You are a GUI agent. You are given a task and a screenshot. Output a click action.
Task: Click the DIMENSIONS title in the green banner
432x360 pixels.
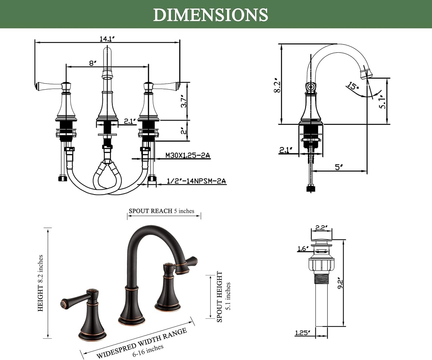(211, 15)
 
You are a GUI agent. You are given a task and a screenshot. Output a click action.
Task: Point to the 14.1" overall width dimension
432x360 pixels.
(107, 39)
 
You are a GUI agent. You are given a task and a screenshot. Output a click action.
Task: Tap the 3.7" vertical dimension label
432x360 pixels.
(184, 101)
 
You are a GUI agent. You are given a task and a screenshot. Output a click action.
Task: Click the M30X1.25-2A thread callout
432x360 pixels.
(188, 155)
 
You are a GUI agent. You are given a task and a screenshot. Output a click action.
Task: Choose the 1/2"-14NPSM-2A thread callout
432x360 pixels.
(196, 181)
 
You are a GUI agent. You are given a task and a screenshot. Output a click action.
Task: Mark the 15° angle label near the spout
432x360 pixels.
(353, 86)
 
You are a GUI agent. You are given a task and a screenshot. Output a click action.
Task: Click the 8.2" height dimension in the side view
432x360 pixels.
(277, 85)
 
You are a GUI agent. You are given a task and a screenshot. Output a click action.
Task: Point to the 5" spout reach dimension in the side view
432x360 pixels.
(339, 167)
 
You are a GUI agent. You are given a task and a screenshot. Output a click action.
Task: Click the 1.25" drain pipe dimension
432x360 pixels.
(302, 333)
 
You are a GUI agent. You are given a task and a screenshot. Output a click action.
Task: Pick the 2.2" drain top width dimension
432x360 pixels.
(321, 228)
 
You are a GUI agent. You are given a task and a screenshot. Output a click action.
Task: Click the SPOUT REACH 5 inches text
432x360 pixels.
(161, 211)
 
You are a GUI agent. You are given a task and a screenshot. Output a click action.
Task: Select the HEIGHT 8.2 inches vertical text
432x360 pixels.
(40, 283)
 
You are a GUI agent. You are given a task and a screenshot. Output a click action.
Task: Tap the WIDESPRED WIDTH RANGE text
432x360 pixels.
(142, 343)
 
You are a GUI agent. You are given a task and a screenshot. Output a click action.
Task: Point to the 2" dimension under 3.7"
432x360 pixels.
(184, 131)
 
